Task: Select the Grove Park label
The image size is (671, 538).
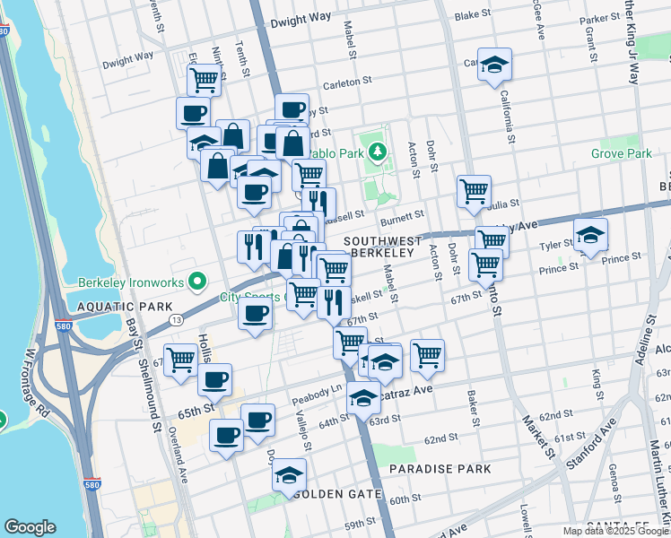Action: click(621, 154)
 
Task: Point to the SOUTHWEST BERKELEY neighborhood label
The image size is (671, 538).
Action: click(382, 247)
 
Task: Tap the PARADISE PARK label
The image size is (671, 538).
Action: click(440, 469)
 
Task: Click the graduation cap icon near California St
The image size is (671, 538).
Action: click(494, 65)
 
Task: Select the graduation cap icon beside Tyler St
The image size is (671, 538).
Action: click(590, 236)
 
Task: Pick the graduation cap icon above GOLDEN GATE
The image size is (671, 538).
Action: click(289, 475)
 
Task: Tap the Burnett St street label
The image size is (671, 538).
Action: click(400, 216)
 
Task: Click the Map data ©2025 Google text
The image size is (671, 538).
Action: click(615, 531)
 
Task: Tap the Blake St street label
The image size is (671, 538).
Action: click(468, 15)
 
